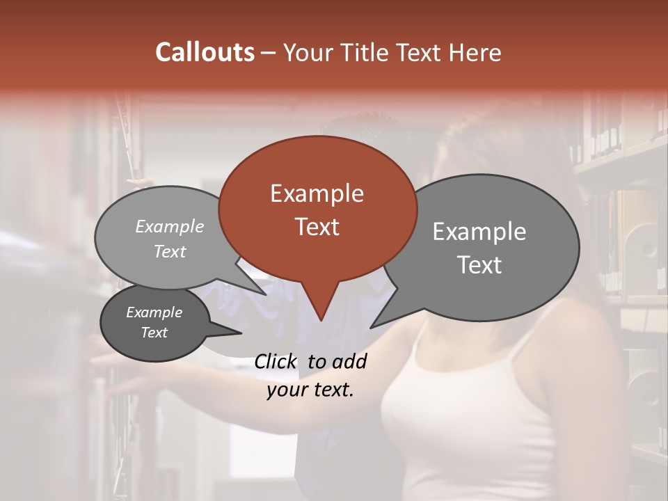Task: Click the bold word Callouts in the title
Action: point(205,52)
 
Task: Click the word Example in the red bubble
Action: point(317,193)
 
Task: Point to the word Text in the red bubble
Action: point(317,227)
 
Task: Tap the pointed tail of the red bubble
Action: point(321,316)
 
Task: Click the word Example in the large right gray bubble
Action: point(479,232)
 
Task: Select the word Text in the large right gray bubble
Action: point(479,265)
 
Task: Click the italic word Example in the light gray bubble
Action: point(170,226)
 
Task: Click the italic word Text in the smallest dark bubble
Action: point(154,333)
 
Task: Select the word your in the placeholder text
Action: point(287,390)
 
